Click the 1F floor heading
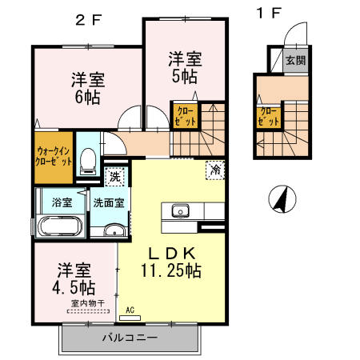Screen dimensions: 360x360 tap(269, 13)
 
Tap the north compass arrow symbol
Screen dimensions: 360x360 tap(279, 198)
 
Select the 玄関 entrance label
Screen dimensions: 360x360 tap(295, 59)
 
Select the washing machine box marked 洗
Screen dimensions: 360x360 tap(114, 176)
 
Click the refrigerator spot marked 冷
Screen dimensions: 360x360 tap(214, 170)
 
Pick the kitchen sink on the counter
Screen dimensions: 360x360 tap(178, 211)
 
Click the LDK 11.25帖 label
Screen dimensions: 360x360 tap(170, 262)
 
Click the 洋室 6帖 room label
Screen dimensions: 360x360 tap(89, 89)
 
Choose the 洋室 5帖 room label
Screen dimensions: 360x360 tap(184, 67)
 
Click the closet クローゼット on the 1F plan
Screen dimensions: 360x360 tap(269, 117)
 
